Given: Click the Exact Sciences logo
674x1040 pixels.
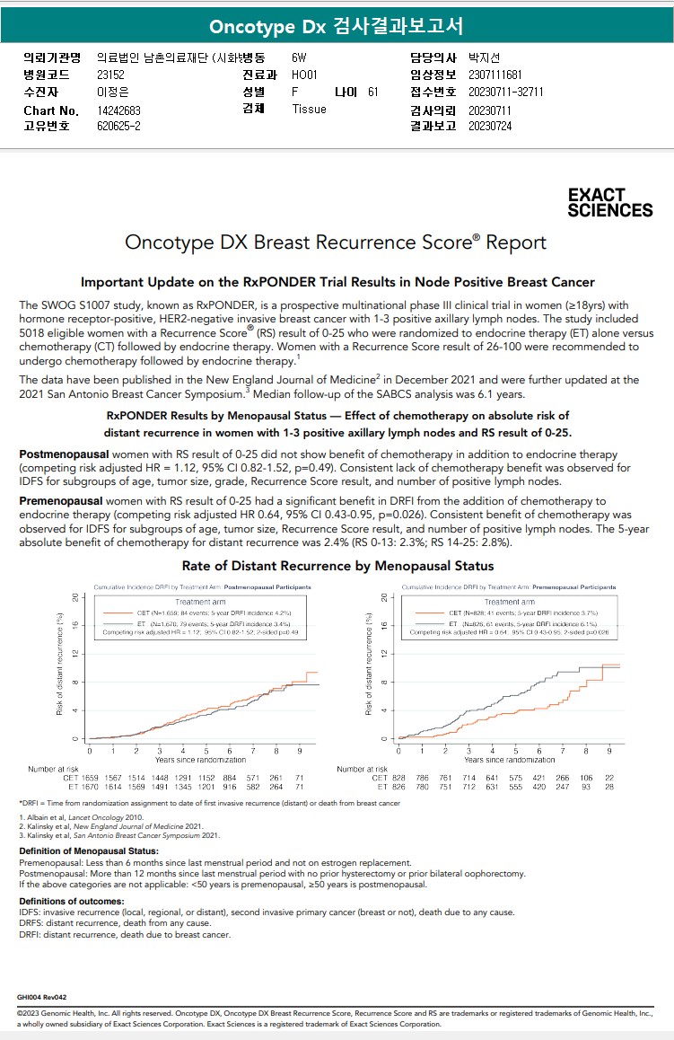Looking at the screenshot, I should click(x=609, y=203).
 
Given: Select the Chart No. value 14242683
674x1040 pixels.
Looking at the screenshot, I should click(x=118, y=110).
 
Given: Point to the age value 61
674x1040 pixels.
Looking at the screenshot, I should click(x=372, y=92).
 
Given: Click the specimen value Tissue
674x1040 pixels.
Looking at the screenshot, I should click(x=309, y=109).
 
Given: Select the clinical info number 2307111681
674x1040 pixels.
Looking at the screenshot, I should click(x=495, y=75).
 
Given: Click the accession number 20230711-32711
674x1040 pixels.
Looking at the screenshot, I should click(x=505, y=92).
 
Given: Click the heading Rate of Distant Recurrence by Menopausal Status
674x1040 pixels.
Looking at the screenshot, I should click(x=337, y=566).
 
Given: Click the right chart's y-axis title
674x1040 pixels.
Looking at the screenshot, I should click(x=369, y=664).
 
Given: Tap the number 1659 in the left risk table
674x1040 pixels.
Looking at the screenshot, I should click(x=89, y=777).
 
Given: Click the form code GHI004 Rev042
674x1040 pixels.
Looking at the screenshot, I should click(x=41, y=997).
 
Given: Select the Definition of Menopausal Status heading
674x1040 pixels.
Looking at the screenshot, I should click(x=89, y=851).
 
